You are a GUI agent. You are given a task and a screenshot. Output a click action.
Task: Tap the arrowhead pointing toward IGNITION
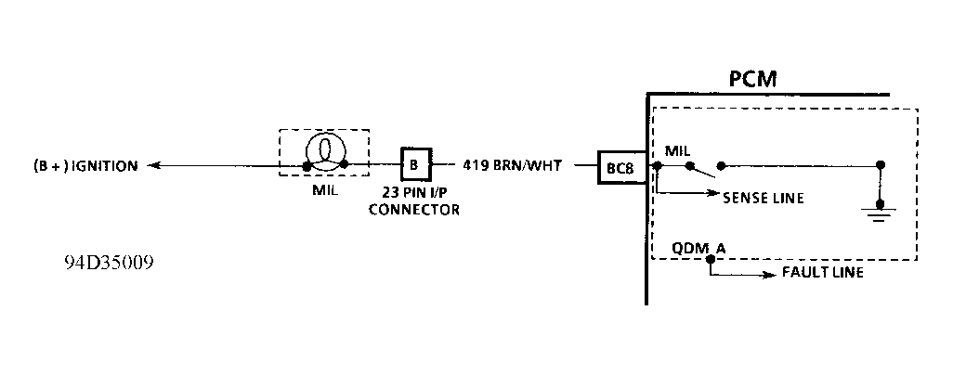click(x=155, y=166)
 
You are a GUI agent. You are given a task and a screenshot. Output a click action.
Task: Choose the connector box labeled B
click(x=414, y=165)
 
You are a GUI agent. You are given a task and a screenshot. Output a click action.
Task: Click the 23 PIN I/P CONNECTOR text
click(x=414, y=202)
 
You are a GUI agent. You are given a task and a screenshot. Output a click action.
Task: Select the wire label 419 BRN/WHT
click(x=512, y=166)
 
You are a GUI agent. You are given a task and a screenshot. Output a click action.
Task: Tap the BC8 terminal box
click(x=621, y=168)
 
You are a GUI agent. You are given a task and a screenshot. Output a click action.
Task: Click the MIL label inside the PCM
click(x=677, y=149)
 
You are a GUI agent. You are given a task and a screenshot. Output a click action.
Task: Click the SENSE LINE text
click(x=764, y=198)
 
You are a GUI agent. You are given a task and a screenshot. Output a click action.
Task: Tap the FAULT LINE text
click(x=823, y=273)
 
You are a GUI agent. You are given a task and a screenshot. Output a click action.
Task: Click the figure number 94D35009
click(x=109, y=263)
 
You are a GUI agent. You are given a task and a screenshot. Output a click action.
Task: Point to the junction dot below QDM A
click(x=711, y=260)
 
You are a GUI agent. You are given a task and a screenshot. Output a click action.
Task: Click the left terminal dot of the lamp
click(x=306, y=167)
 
